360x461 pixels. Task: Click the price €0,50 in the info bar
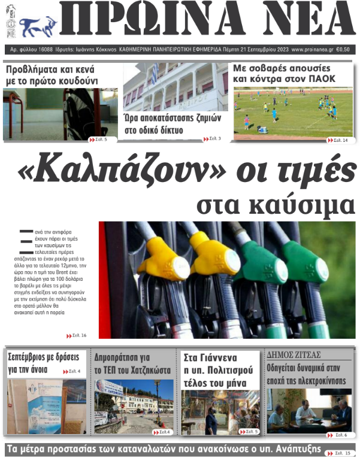point(343,50)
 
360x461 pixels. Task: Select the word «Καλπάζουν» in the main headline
point(84,171)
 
